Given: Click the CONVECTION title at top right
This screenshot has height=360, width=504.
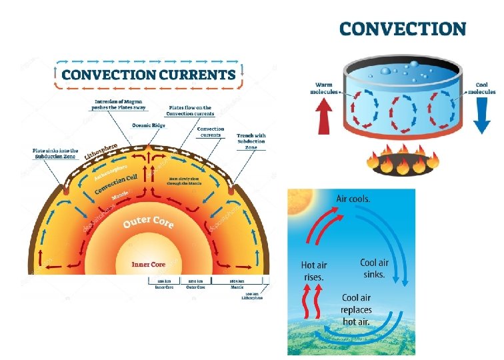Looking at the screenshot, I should click(402, 29).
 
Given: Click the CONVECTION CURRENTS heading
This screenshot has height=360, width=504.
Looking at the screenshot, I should click(149, 74).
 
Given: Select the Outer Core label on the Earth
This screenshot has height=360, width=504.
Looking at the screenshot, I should click(148, 222).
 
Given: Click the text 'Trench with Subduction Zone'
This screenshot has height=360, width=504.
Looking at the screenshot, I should click(251, 141).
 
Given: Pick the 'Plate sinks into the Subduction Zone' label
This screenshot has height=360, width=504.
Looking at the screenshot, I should click(56, 153).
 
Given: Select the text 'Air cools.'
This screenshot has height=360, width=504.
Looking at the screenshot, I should click(354, 199).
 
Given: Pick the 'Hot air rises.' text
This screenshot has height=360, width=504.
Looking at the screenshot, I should click(313, 270).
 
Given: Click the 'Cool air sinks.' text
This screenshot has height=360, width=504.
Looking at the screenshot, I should click(374, 268).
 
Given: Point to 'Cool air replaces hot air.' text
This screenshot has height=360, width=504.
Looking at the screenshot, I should click(356, 310).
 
